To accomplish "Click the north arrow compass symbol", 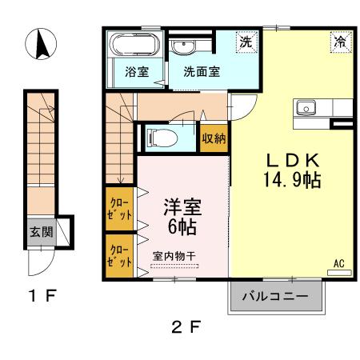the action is [41, 44].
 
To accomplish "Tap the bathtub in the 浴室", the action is [135, 44].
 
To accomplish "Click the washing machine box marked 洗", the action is [246, 42].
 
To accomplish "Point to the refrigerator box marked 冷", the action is [341, 42].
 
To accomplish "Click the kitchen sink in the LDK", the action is [306, 108].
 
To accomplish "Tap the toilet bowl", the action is [162, 138].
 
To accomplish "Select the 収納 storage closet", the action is [214, 138].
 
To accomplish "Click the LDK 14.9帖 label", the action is [292, 170].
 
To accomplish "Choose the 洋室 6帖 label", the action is [182, 217].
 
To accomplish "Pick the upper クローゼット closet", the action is [119, 209].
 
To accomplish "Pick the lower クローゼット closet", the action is [119, 256].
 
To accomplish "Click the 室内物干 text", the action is [174, 256].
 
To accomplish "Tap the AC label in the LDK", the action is [339, 263].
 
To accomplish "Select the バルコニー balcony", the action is [276, 296].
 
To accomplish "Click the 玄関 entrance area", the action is [42, 232].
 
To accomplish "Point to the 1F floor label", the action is [42, 295].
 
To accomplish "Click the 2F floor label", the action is [186, 326].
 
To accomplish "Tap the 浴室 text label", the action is [137, 71].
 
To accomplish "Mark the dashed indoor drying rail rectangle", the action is [174, 266].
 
